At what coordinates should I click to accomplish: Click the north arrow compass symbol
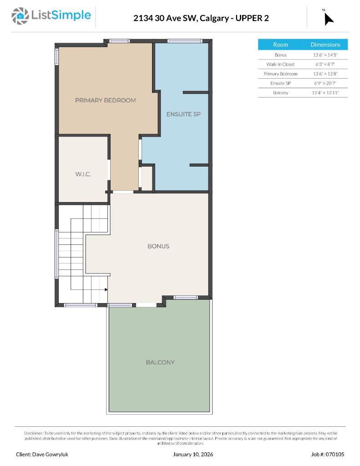coord(328,18)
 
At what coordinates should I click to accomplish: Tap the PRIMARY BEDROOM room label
coord(105,100)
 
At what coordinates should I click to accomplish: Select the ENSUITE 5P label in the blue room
coord(183,114)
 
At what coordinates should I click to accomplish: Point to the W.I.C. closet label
coord(82,174)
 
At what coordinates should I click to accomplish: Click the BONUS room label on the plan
coord(158,246)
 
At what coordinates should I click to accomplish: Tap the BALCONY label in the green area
coord(160,362)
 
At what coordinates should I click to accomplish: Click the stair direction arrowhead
coord(106,289)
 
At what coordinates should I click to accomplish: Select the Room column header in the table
coord(280,45)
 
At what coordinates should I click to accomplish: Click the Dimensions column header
coord(325,45)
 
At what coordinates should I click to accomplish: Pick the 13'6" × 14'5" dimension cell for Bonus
coord(325,55)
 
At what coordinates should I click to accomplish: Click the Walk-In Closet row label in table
coord(280,64)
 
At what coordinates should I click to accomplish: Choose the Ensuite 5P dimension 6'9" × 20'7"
coord(325,83)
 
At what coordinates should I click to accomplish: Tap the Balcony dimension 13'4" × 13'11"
coord(325,93)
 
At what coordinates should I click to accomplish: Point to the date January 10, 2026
coord(193,454)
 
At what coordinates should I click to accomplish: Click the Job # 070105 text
coord(328,454)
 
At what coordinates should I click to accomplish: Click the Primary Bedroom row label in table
coord(280,74)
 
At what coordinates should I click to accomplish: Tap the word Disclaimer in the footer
coord(33,433)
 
